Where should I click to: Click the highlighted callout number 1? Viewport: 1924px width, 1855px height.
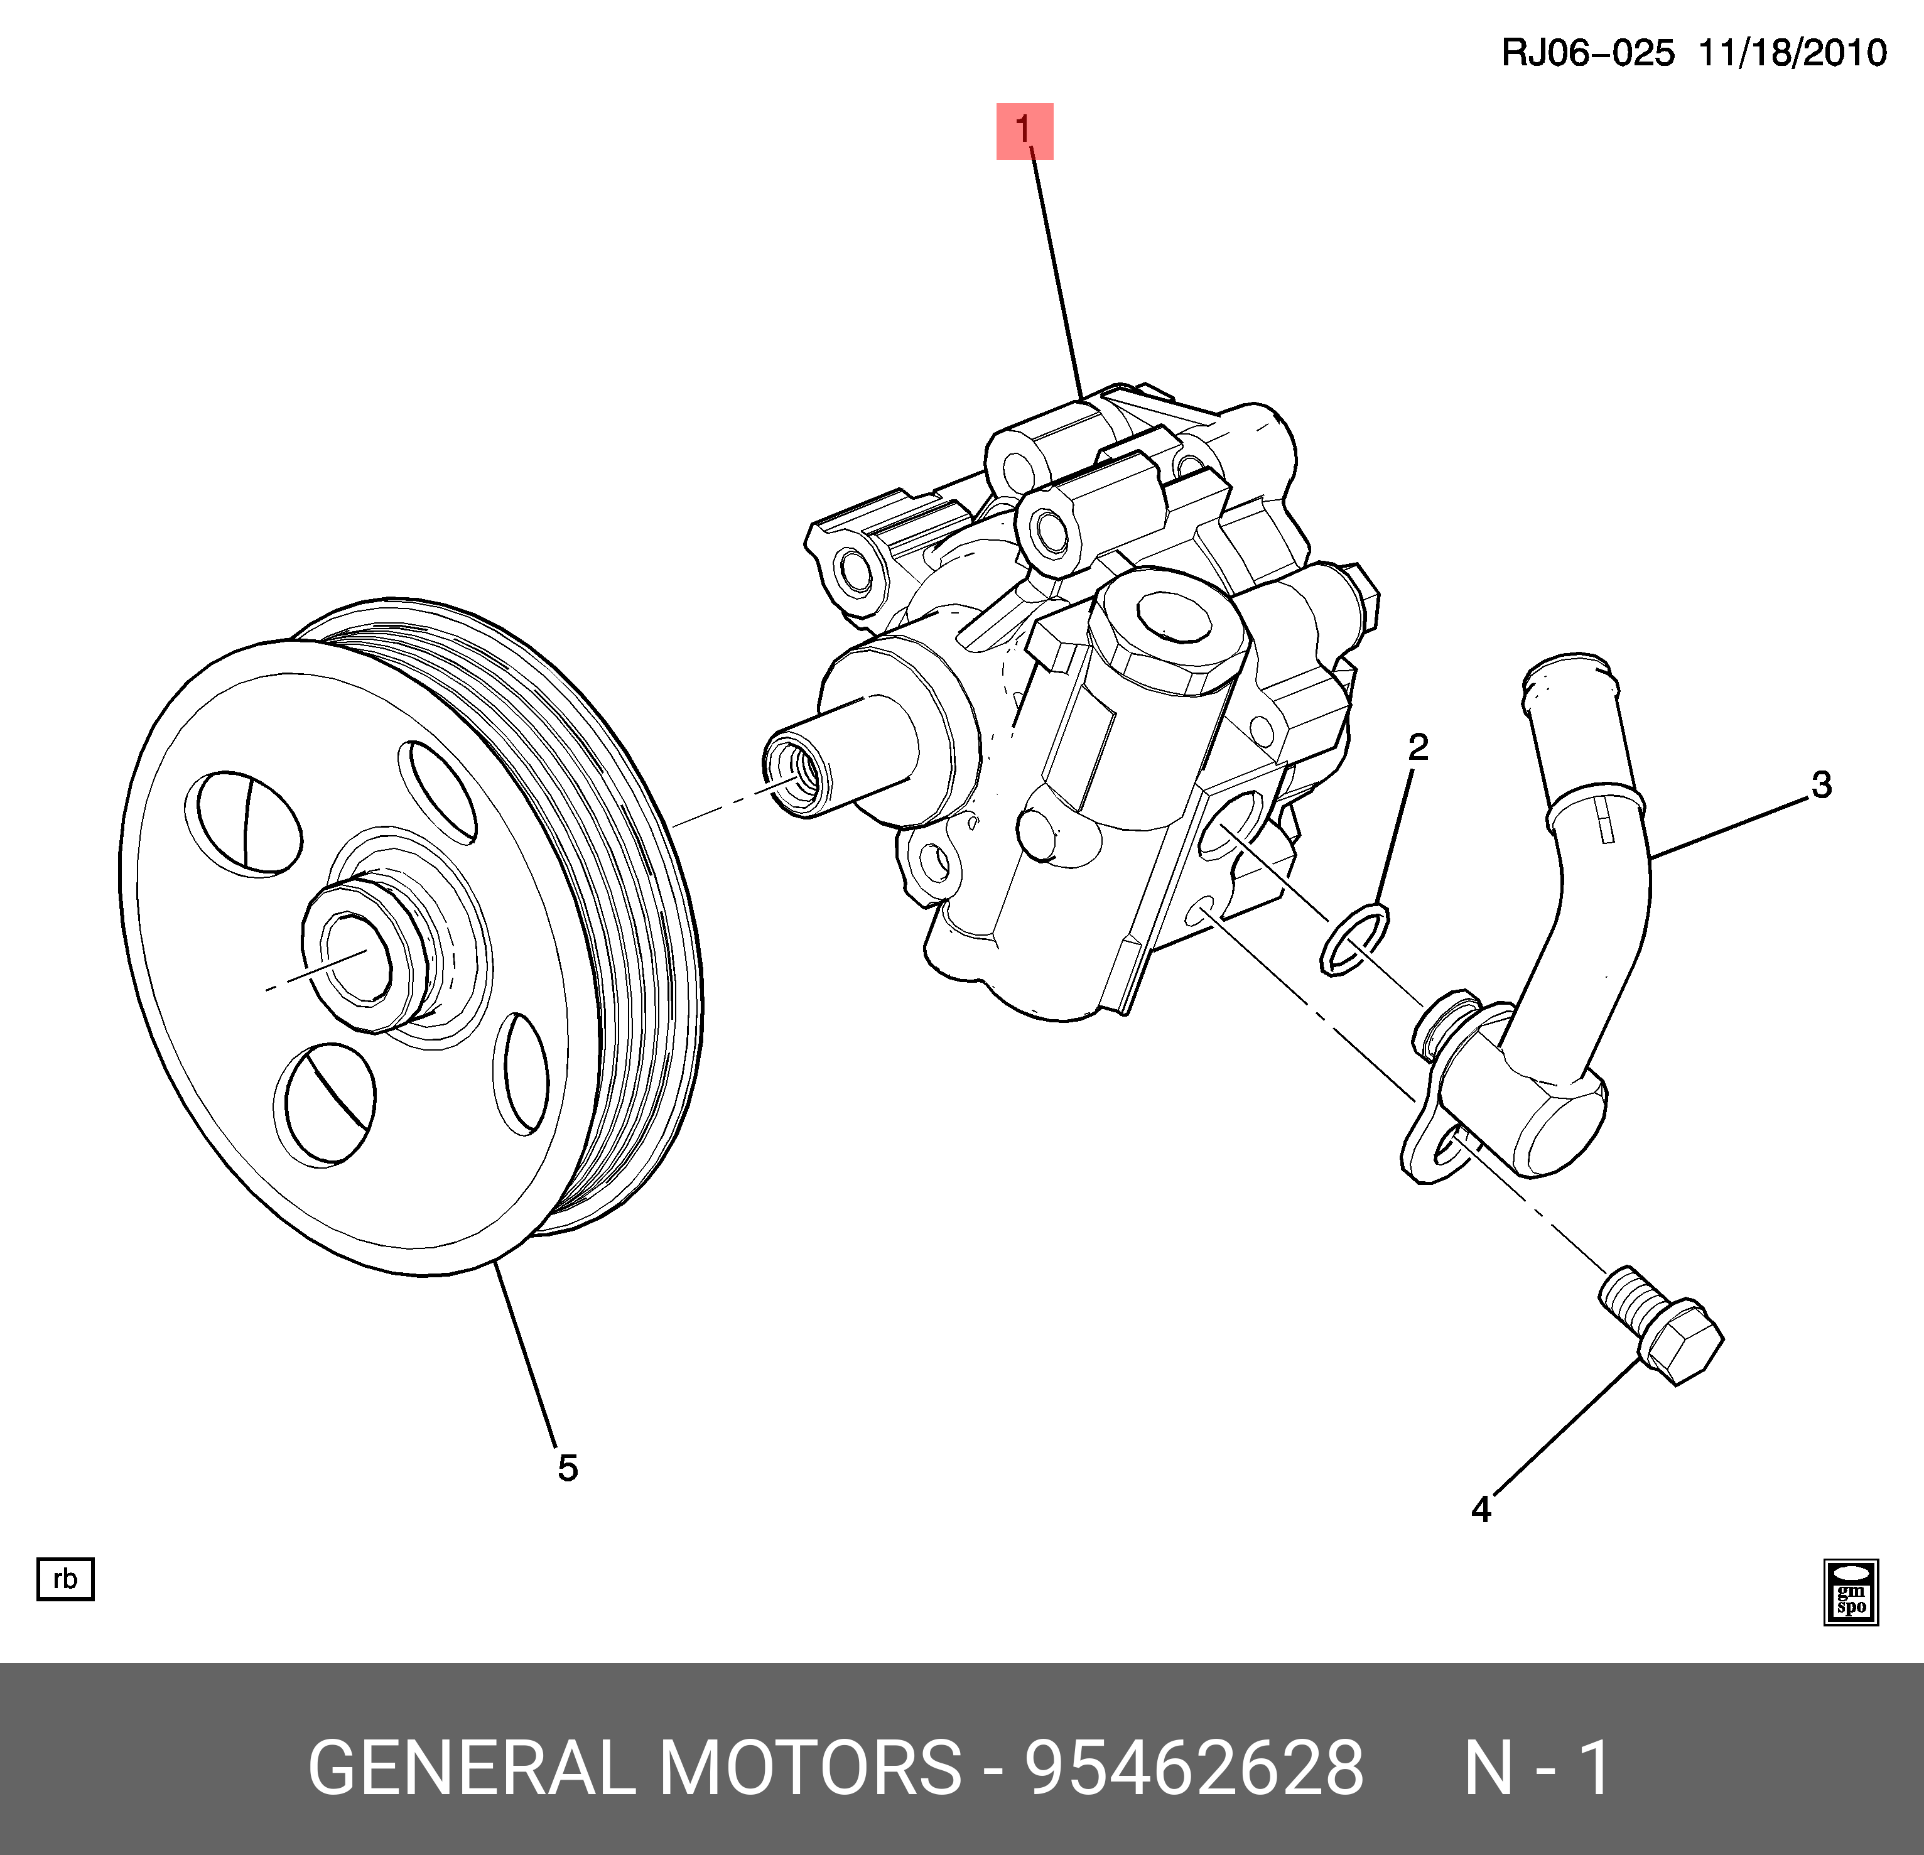(x=1024, y=131)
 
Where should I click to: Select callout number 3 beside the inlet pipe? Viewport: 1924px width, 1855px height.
(x=1821, y=785)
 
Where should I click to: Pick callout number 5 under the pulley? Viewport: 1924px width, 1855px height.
(x=568, y=1468)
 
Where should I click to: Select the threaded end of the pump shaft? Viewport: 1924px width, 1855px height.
(x=793, y=776)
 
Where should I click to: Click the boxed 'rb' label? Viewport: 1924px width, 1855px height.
(x=65, y=1579)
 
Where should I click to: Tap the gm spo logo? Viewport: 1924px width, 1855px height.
(x=1851, y=1592)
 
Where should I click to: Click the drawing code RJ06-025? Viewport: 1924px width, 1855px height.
(x=1587, y=53)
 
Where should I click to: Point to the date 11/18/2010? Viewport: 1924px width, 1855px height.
(x=1792, y=53)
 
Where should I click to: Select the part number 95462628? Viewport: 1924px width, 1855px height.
(x=1194, y=1768)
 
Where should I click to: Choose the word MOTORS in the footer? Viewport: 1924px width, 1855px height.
(x=810, y=1768)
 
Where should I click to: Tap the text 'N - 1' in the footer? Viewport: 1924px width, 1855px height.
(x=1537, y=1768)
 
